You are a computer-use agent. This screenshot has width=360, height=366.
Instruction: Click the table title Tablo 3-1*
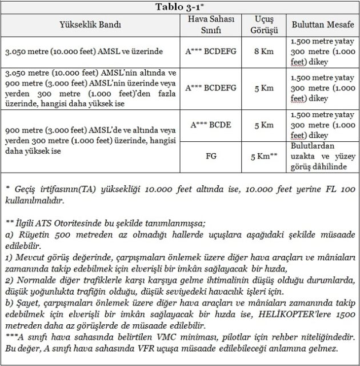180,6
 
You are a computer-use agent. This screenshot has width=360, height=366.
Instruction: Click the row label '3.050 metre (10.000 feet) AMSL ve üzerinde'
83,51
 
